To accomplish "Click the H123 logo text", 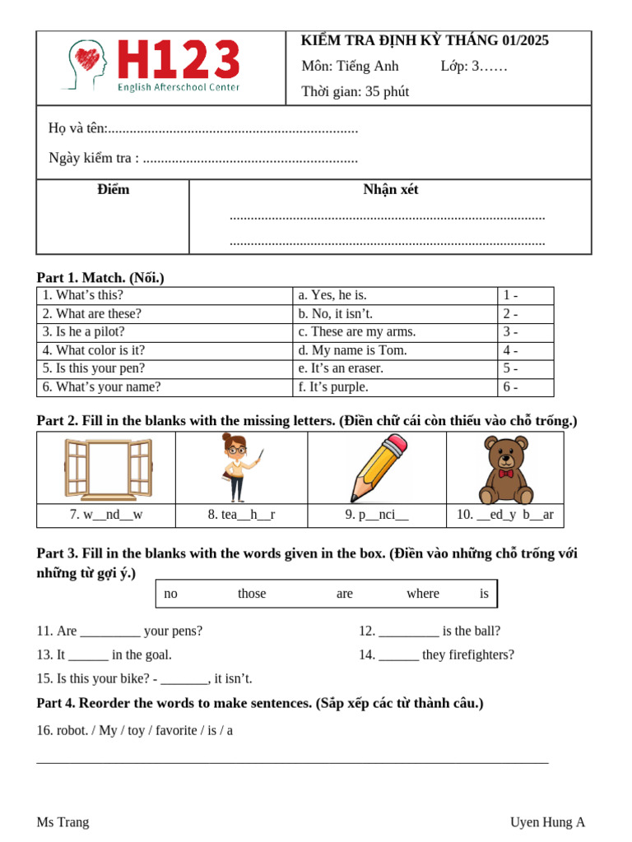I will [x=179, y=60].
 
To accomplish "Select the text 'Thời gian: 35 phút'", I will [x=355, y=91].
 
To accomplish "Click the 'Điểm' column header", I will [x=113, y=190].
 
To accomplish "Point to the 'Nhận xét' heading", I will [x=390, y=190].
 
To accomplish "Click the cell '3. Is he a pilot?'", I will [x=84, y=331].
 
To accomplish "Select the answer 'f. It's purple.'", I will [x=333, y=386].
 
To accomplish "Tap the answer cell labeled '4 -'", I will [x=510, y=350].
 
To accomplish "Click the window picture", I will [x=108, y=469].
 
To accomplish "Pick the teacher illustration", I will [x=239, y=467].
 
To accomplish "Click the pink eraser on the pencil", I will [x=395, y=446].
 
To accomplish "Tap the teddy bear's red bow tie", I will [x=505, y=474].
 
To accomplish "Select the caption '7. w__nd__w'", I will [x=106, y=515].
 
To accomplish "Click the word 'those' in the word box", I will [x=252, y=594].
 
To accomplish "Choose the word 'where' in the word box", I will [x=422, y=594].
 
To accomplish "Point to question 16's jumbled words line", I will [x=134, y=730].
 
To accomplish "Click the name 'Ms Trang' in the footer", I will [x=63, y=822].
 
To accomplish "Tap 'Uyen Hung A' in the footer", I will [x=547, y=822].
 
